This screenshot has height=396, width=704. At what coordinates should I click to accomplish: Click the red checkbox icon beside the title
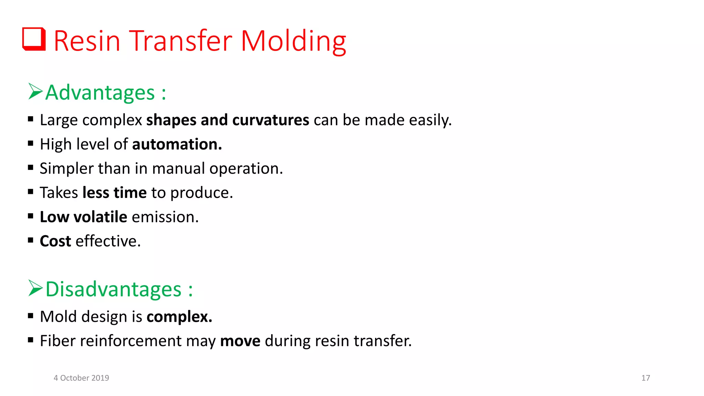pyautogui.click(x=34, y=39)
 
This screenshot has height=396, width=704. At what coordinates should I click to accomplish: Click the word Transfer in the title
pyautogui.click(x=181, y=41)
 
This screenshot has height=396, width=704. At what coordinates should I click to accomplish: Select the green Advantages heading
pyautogui.click(x=100, y=93)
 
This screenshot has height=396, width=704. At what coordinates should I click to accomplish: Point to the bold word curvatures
pyautogui.click(x=271, y=120)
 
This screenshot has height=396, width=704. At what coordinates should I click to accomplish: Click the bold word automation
pyautogui.click(x=177, y=144)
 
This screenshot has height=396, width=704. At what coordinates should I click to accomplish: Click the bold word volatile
pyautogui.click(x=100, y=217)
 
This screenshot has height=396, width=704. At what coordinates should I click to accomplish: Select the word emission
pyautogui.click(x=165, y=217)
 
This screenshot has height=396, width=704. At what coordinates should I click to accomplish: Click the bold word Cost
pyautogui.click(x=55, y=241)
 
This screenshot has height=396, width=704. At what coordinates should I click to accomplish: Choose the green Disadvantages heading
pyautogui.click(x=113, y=289)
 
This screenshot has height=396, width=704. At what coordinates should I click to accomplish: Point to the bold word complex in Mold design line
pyautogui.click(x=179, y=317)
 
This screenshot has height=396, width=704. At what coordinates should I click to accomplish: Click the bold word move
pyautogui.click(x=240, y=341)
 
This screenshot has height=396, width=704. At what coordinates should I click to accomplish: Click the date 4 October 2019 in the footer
pyautogui.click(x=81, y=378)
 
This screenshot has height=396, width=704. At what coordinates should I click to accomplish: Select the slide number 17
pyautogui.click(x=646, y=378)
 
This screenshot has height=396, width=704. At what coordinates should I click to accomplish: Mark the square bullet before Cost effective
pyautogui.click(x=31, y=240)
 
